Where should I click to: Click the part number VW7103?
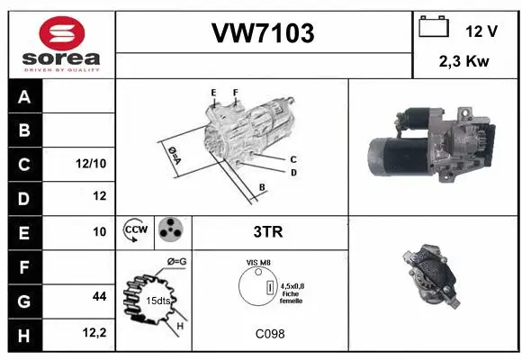point(263,34)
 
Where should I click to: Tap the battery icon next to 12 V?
point(434,29)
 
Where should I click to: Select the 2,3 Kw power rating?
point(463,62)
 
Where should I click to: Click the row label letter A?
point(24,96)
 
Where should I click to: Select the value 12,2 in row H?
point(95,333)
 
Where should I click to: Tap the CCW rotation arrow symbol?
point(136,231)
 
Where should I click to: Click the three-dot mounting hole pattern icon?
point(170,231)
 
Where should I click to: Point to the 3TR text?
point(267,232)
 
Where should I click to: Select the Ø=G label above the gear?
point(176,261)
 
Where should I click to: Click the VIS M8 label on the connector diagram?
point(258,263)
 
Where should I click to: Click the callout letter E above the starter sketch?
point(213,92)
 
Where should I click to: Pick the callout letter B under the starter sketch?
point(262,187)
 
